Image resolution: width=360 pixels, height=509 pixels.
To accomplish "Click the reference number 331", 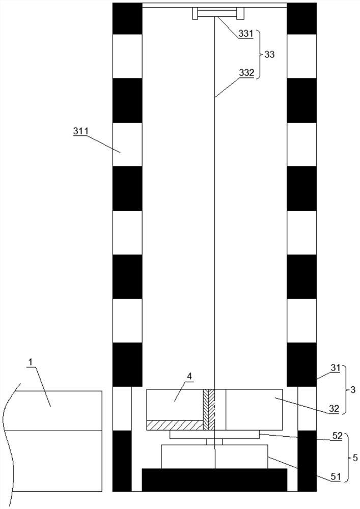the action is pyautogui.click(x=246, y=34).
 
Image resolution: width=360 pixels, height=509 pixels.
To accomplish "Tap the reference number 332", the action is pyautogui.click(x=246, y=73).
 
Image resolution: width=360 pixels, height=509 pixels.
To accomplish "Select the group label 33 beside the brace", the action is pyautogui.click(x=269, y=54).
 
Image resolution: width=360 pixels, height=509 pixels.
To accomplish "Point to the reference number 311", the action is pyautogui.click(x=80, y=131).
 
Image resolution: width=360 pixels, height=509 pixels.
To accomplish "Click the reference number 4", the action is pyautogui.click(x=189, y=376).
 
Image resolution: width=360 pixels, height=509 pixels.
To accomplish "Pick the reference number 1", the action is pyautogui.click(x=31, y=362).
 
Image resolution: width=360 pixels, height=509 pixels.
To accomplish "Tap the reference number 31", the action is pyautogui.click(x=336, y=368).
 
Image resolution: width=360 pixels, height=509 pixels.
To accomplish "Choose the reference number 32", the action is pyautogui.click(x=334, y=409).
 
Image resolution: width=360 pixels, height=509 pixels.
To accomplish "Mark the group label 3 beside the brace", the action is pyautogui.click(x=353, y=390).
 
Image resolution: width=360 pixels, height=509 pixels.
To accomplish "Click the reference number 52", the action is pyautogui.click(x=337, y=436).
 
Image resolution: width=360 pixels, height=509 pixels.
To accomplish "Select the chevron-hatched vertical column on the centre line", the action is pyautogui.click(x=209, y=410).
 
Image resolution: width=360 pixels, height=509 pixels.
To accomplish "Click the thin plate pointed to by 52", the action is pyautogui.click(x=214, y=434).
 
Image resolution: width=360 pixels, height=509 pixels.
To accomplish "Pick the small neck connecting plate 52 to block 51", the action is pyautogui.click(x=214, y=441).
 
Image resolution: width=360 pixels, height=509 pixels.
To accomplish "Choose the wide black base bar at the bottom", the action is pyautogui.click(x=214, y=479).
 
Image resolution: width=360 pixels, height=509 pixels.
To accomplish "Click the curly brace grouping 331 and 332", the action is pyautogui.click(x=259, y=54).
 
